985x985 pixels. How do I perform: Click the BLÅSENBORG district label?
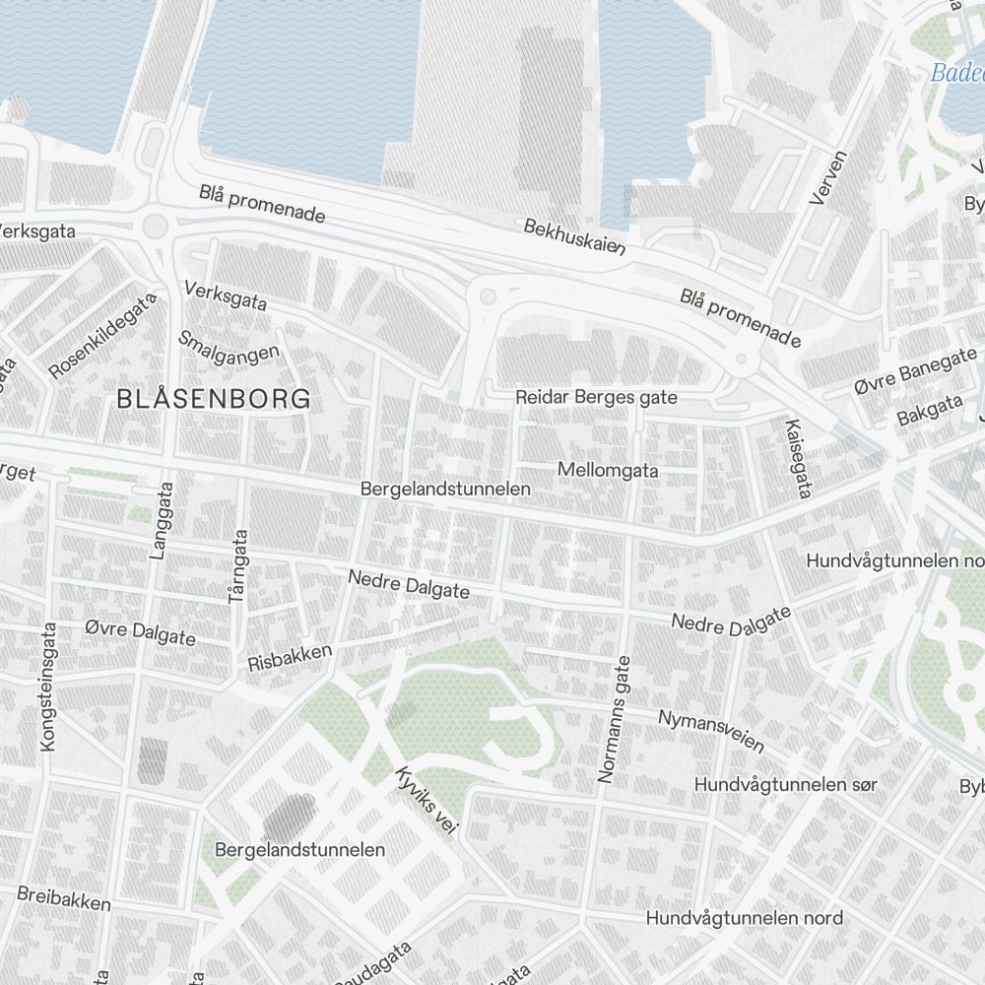click(214, 399)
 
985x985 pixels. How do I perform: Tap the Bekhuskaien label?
click(575, 237)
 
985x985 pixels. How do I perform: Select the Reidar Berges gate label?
click(597, 397)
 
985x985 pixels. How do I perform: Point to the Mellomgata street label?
click(608, 470)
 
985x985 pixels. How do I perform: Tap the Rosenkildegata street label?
click(102, 336)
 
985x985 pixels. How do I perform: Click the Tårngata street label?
click(238, 565)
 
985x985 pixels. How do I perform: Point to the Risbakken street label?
click(290, 657)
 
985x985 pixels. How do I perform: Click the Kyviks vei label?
click(426, 803)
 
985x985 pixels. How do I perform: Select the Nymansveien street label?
click(711, 730)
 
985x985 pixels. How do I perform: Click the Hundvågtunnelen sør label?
click(785, 785)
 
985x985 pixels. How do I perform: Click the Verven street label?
click(827, 178)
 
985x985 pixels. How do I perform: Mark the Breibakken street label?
click(64, 897)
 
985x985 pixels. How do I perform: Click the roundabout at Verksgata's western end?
click(155, 227)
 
